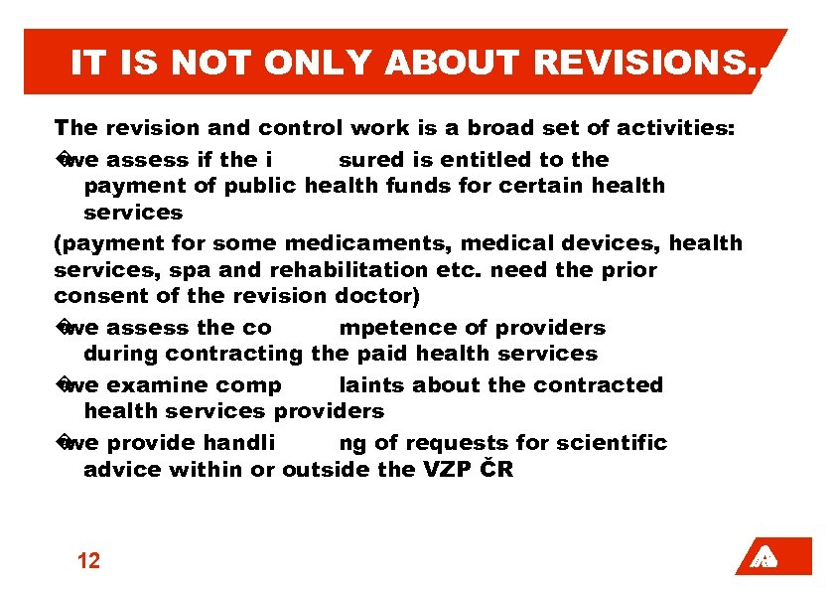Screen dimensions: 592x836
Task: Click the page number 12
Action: pos(88,561)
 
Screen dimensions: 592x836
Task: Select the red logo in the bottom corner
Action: pos(773,557)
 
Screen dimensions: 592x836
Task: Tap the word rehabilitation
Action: pos(338,270)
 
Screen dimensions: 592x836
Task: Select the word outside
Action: pos(325,469)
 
